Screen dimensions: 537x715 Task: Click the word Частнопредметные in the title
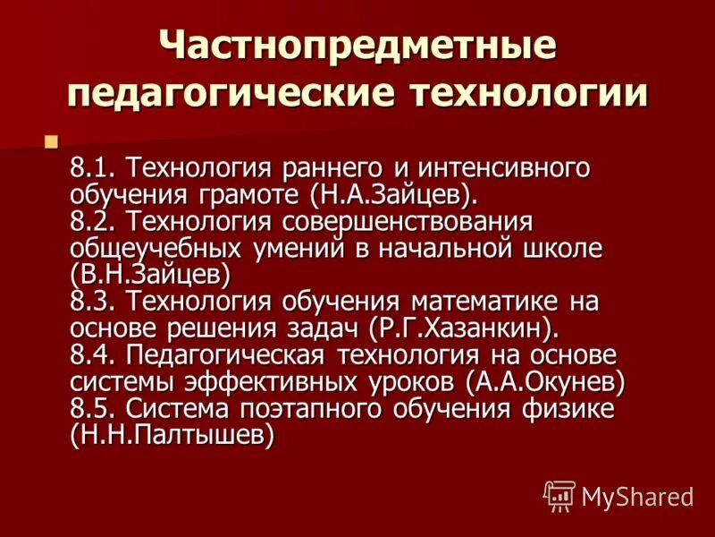(x=357, y=47)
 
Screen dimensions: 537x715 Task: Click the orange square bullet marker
(x=51, y=141)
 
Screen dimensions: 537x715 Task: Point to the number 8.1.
(x=92, y=166)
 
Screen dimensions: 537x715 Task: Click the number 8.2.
(x=92, y=220)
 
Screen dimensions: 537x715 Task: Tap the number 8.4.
(x=92, y=354)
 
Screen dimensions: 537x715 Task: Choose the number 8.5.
(x=92, y=408)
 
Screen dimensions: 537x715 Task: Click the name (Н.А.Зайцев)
(x=400, y=193)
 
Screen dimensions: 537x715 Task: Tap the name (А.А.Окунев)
(x=544, y=381)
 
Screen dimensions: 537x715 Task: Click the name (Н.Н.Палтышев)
(x=171, y=435)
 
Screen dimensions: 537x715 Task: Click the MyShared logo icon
(x=559, y=495)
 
